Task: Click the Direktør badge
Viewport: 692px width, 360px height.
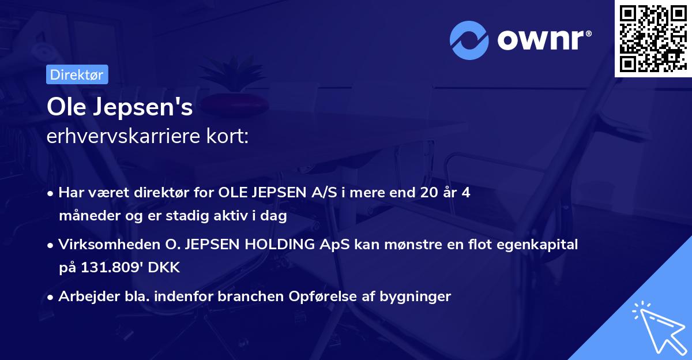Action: (77, 74)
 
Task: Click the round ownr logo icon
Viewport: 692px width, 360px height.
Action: (469, 40)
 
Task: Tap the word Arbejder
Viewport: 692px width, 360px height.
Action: (84, 297)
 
